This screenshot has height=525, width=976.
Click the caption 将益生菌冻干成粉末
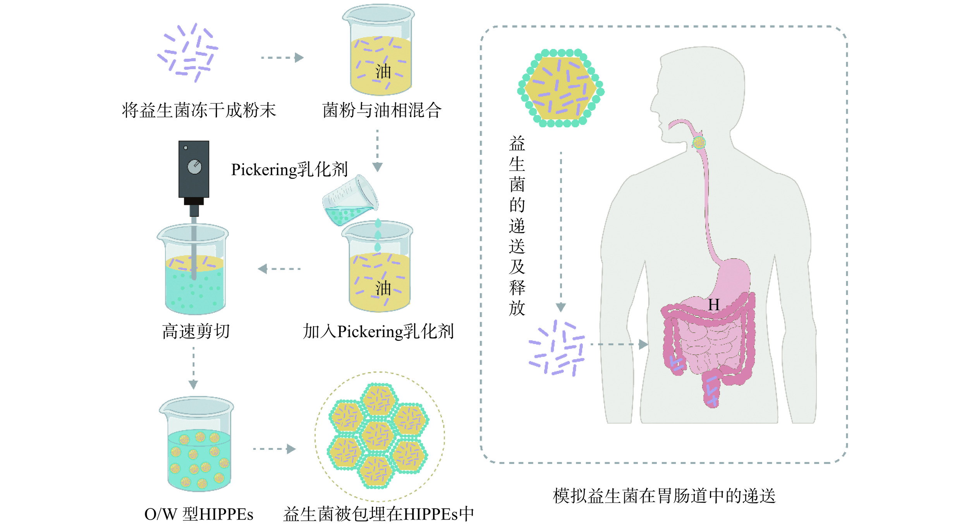(x=199, y=111)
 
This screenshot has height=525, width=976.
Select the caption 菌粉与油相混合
(x=382, y=111)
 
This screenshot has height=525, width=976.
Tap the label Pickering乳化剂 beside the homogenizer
(x=289, y=170)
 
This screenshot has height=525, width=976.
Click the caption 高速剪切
(x=196, y=332)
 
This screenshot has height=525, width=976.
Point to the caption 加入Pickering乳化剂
(x=378, y=332)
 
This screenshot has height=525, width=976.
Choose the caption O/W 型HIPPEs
(x=199, y=515)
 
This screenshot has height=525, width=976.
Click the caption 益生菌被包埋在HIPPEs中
(x=378, y=515)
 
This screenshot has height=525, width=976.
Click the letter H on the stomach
(x=713, y=305)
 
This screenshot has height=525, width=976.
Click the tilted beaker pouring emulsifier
(x=350, y=201)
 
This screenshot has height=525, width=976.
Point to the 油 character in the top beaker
(x=383, y=72)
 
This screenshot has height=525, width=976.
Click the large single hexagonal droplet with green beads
(x=561, y=88)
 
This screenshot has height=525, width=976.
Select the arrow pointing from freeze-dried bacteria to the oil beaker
(x=282, y=58)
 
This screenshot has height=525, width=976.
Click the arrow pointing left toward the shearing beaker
(x=279, y=269)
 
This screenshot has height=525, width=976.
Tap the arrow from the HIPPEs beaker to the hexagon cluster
(x=274, y=449)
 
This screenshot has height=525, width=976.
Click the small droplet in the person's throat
(x=699, y=143)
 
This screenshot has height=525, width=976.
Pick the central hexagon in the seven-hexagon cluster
(x=378, y=436)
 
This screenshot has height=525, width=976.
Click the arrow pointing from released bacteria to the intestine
(x=619, y=344)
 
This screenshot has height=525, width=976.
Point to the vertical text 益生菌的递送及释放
(x=517, y=226)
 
